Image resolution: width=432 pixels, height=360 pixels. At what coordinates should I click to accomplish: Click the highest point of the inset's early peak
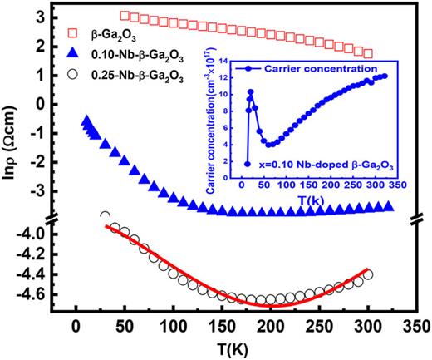click(250, 91)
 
